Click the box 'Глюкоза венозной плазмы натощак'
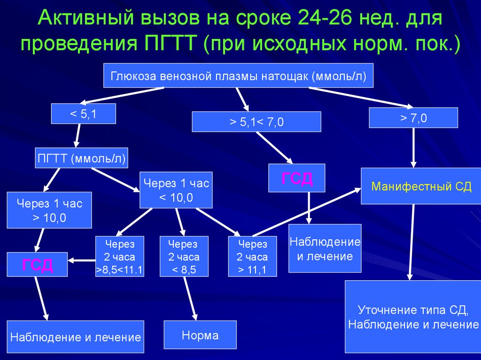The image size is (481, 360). (x=238, y=75)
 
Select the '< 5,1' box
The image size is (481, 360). (x=83, y=114)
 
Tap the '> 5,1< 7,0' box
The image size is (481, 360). (x=256, y=122)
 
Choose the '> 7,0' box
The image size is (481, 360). (x=413, y=117)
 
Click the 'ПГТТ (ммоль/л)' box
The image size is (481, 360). (x=82, y=159)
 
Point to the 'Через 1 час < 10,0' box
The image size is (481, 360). (x=176, y=190)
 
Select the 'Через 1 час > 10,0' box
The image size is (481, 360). (x=49, y=210)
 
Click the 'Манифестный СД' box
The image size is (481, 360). (x=421, y=186)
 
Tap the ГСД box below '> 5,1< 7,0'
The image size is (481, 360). (x=296, y=178)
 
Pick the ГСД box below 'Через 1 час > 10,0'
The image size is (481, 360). (x=37, y=264)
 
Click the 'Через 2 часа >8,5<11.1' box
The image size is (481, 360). (x=119, y=256)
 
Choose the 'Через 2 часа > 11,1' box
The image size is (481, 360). (x=252, y=256)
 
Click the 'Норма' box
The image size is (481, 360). (x=200, y=335)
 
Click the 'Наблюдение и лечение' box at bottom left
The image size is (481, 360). (x=75, y=337)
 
